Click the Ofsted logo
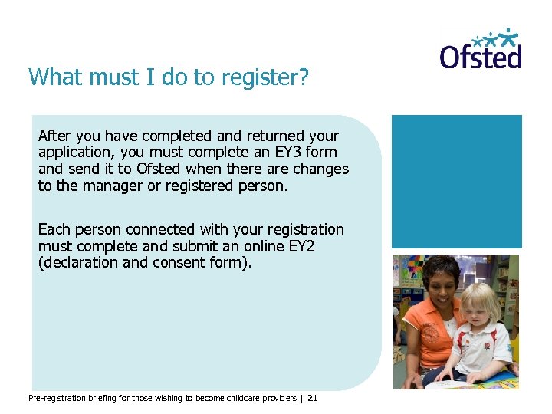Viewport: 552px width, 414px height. coord(481,50)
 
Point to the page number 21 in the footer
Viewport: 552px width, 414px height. coord(312,398)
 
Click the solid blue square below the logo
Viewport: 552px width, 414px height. coord(456,181)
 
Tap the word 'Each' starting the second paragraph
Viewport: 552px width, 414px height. coord(54,229)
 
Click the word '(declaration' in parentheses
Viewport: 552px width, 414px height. coord(78,262)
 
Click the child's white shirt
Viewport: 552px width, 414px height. coord(484,348)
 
